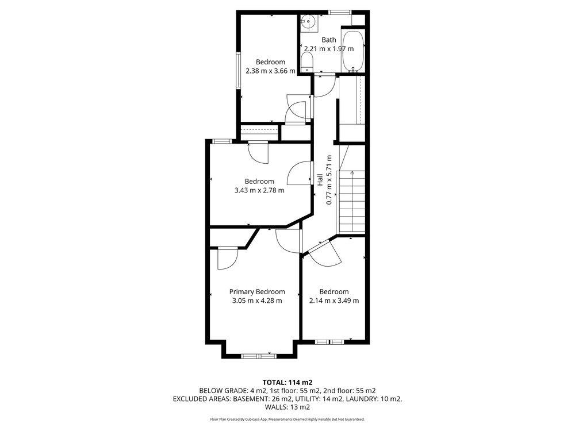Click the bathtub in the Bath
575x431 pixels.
point(353,51)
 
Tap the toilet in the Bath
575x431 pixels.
point(306,62)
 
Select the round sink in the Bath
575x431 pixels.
point(308,21)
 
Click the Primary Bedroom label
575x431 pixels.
point(257,292)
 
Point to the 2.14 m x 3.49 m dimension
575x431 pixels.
point(334,301)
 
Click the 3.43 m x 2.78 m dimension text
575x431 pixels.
point(259,190)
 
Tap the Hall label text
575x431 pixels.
point(320,179)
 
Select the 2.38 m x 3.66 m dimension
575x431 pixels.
point(270,71)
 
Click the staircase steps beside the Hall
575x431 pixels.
point(352,202)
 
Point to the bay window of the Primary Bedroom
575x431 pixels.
point(259,356)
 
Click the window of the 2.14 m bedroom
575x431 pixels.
point(329,343)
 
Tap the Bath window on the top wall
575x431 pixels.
point(340,13)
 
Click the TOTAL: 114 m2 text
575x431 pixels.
point(287,383)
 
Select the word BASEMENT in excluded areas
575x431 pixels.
point(250,399)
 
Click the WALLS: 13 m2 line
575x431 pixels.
point(287,407)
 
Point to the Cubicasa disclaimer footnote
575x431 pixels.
point(287,420)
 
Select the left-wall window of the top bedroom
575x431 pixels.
point(238,70)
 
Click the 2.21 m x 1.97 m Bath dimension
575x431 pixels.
point(329,49)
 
